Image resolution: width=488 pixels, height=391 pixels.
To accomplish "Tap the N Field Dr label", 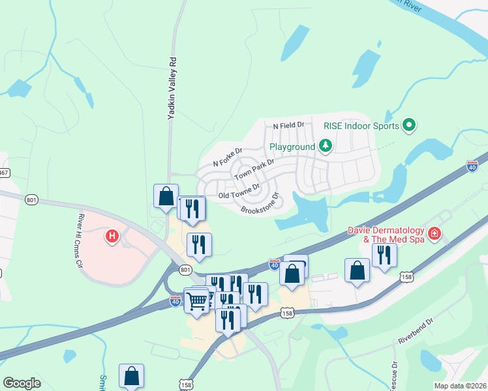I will point(289,124).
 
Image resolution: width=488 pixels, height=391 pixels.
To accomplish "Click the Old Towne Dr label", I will point(239,192).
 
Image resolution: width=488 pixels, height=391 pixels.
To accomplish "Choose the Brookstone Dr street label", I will point(260,203).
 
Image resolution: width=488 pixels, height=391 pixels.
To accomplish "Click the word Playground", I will point(292,147).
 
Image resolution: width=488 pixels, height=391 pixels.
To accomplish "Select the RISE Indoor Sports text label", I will point(361,125).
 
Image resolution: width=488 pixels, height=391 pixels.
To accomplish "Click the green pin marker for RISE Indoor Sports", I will point(409,124).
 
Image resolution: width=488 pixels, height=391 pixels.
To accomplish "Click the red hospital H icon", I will point(112,236).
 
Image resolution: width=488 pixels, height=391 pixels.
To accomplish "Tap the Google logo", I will point(22,383).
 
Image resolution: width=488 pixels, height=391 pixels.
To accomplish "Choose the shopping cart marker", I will point(197,301).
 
